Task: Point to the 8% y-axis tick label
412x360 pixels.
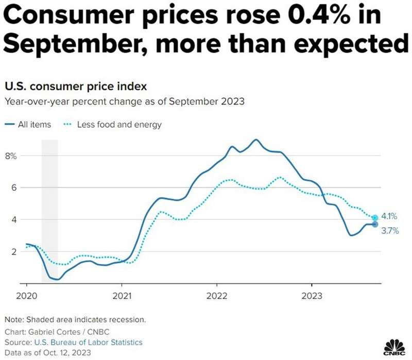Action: tap(11, 156)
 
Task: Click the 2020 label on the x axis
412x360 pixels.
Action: tap(26, 296)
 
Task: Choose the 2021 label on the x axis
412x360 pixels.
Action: tap(121, 296)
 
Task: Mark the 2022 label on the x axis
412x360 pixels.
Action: tap(216, 296)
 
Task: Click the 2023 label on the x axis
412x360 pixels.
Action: tap(312, 296)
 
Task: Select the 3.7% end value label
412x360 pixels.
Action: tap(389, 232)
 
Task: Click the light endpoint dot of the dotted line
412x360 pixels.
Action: tap(375, 218)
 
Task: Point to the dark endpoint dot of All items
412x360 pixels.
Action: tap(375, 225)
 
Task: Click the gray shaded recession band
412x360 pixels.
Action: tap(49, 206)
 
